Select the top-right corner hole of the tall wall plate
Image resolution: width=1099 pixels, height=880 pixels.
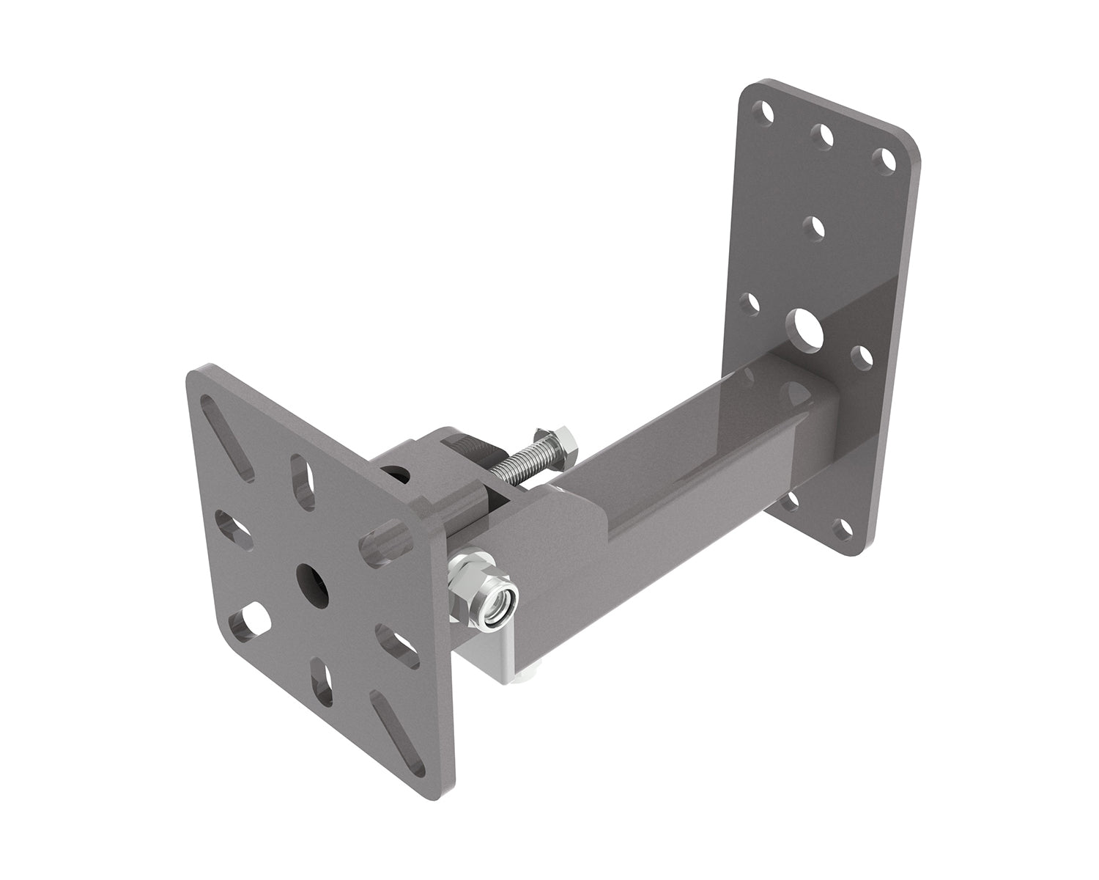point(887,158)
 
